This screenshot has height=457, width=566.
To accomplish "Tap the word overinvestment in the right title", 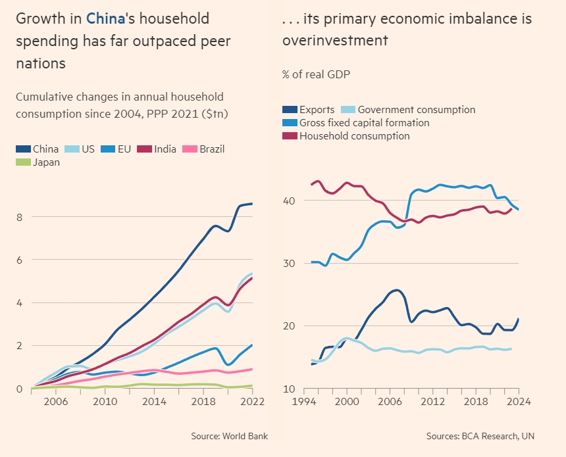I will (335, 41).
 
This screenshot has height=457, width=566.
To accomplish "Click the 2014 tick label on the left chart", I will (154, 402).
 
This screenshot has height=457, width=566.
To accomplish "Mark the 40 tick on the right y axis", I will (290, 201).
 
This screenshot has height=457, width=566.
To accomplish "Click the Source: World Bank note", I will (229, 436).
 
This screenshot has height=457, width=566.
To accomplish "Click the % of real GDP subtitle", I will (316, 74).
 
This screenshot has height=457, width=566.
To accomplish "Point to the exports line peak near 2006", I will (396, 290).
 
